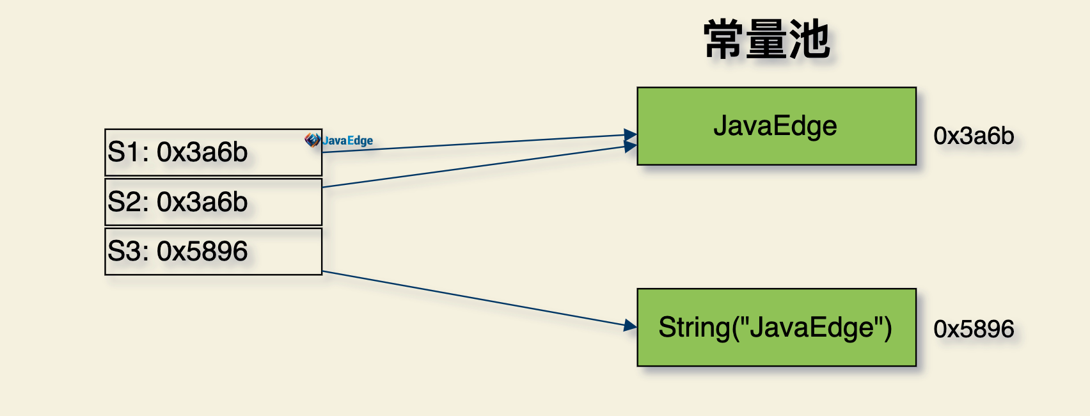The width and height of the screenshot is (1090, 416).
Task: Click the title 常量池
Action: (766, 39)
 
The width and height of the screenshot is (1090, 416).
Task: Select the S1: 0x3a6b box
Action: (213, 152)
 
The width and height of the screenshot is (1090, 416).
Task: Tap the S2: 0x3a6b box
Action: (213, 202)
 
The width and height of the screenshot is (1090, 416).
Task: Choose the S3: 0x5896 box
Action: (213, 252)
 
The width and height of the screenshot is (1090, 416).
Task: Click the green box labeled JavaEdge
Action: (777, 126)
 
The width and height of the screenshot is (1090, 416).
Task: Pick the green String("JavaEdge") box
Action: (777, 327)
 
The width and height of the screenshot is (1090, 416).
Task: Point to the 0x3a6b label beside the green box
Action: (974, 136)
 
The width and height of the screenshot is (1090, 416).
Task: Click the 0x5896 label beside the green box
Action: (974, 329)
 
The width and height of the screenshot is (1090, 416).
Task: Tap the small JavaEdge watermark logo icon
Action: (312, 140)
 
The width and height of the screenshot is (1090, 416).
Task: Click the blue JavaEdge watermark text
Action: (347, 141)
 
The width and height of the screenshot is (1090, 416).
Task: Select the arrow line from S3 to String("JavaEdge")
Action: (479, 299)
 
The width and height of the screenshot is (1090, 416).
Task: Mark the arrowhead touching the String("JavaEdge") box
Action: (631, 325)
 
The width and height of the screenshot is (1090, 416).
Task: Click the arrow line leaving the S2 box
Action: (479, 166)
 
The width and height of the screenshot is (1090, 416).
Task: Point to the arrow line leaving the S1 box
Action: (479, 143)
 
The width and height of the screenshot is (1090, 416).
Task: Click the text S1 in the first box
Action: (125, 152)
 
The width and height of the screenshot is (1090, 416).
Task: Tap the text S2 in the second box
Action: (127, 202)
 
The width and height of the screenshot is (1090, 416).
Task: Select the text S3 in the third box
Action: (127, 251)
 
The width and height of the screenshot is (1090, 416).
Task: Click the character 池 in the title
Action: (809, 39)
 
